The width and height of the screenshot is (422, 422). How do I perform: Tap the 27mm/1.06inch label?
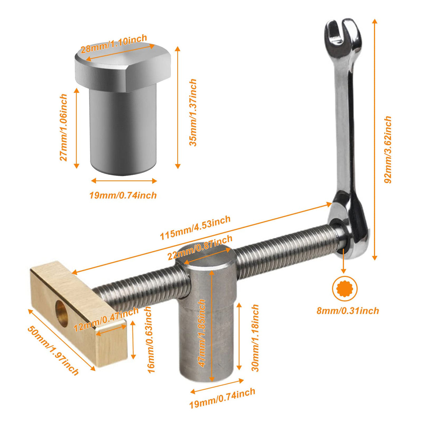pos(63,127)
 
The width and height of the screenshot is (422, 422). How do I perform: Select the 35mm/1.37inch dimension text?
pos(193,112)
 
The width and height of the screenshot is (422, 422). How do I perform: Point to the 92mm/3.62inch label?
pos(388,149)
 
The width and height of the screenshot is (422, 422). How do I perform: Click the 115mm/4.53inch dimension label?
pos(195,228)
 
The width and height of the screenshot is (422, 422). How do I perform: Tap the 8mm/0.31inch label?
pos(347,310)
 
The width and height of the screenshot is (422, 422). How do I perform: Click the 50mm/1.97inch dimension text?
pos(53,350)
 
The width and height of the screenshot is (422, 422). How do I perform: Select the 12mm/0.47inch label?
pos(106,319)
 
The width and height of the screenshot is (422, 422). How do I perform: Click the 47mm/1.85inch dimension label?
pos(202,333)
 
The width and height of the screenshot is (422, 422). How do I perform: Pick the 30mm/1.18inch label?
pos(255,338)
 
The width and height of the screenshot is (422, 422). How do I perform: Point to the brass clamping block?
pos(80,313)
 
